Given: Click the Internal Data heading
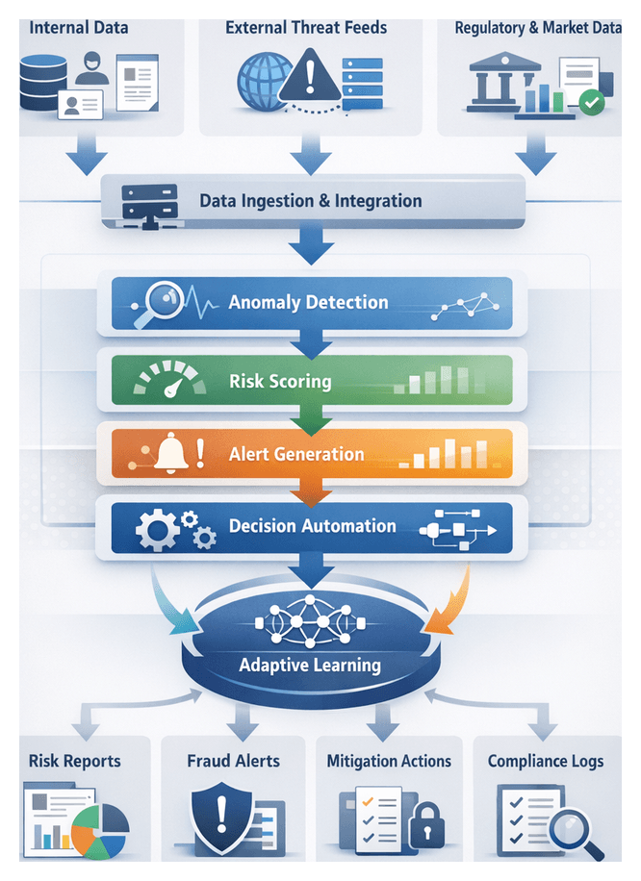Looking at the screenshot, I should click(78, 27).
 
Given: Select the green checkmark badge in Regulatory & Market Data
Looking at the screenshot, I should click(592, 101).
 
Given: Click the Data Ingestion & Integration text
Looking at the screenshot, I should click(310, 201).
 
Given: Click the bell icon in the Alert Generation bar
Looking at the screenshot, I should click(170, 452).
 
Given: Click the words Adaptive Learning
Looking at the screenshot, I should click(310, 665).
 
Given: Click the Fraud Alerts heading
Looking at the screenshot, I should click(233, 761).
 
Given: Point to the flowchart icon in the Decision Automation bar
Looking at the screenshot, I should click(458, 528).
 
